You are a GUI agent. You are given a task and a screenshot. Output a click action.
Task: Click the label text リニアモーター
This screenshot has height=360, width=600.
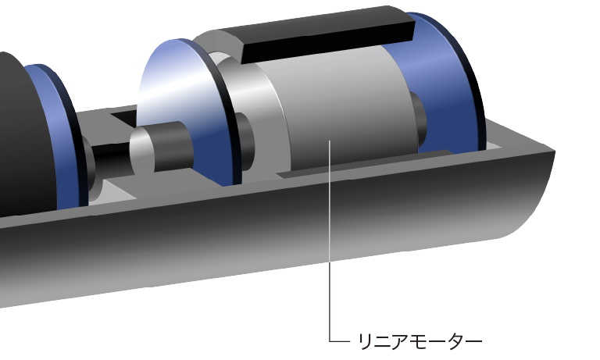point(420,341)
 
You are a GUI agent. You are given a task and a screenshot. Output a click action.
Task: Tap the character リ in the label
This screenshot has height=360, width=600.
point(365,341)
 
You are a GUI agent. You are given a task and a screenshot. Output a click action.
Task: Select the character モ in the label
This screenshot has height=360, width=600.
point(419,341)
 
